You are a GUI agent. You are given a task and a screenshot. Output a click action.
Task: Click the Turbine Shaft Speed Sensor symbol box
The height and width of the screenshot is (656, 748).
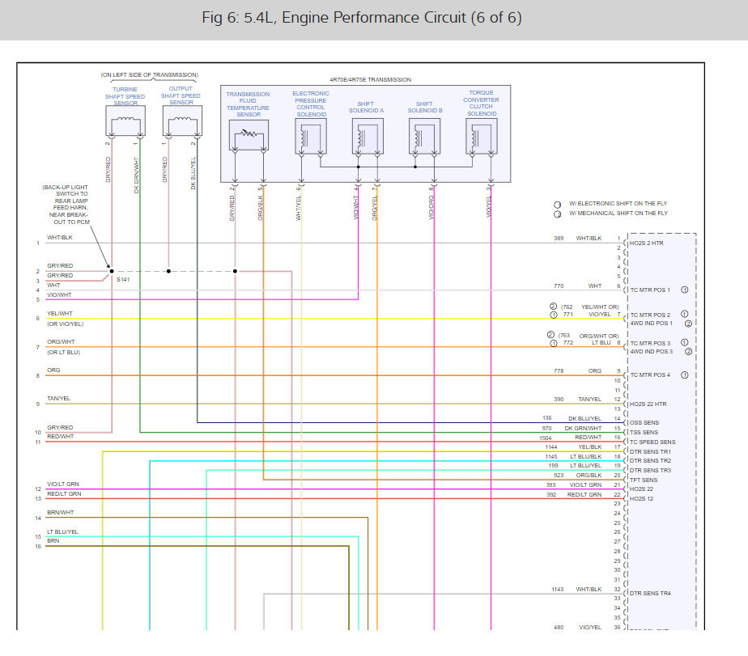[125, 123]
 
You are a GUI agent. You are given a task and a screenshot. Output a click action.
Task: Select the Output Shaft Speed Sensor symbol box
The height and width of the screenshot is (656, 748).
[181, 123]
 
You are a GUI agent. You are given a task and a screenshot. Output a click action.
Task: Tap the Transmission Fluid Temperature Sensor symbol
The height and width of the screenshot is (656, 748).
[249, 138]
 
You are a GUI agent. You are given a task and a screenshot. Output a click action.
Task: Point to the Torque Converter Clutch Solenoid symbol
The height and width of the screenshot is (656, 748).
[481, 138]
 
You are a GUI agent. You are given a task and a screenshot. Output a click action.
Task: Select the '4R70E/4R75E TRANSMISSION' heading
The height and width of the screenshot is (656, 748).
[370, 79]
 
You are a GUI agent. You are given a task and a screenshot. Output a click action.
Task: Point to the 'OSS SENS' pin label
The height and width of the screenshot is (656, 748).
[644, 423]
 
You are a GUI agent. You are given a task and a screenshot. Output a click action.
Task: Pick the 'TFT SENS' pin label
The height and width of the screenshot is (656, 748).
[644, 480]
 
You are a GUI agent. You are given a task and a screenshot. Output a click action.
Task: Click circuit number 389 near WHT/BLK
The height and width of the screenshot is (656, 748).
[558, 239]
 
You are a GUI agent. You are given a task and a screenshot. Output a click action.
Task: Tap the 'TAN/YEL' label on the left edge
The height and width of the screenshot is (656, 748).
[58, 399]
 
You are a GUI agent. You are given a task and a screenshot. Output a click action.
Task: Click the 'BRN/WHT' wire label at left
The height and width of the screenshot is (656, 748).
[60, 512]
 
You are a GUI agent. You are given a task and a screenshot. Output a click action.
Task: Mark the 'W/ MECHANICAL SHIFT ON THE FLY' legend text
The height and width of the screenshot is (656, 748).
[619, 214]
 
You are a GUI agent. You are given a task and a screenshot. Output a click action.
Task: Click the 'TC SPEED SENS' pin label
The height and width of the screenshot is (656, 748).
[652, 442]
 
